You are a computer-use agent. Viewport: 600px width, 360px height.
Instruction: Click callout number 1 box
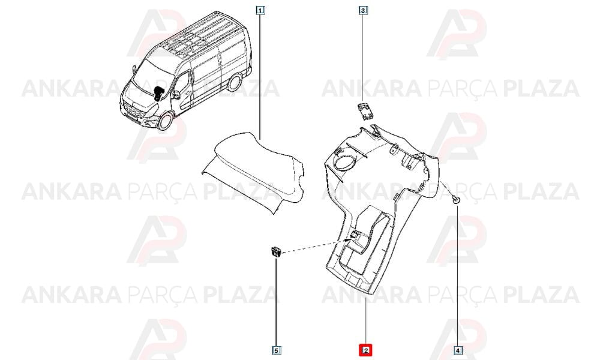coord(260,10)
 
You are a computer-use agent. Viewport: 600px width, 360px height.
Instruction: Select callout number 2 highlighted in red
coord(365,350)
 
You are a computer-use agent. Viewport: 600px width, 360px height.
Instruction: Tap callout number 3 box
coord(363,10)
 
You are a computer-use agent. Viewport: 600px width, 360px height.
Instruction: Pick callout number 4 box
coord(458,350)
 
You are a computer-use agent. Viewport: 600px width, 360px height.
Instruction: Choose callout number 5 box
coord(276,350)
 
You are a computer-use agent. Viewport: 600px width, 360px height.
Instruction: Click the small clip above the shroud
coord(365,112)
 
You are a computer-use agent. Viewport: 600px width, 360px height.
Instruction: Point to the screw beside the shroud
coord(455,199)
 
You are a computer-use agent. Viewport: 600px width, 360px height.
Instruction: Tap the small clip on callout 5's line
coord(276,253)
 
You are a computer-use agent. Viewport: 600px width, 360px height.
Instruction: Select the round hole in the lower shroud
coord(344,162)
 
